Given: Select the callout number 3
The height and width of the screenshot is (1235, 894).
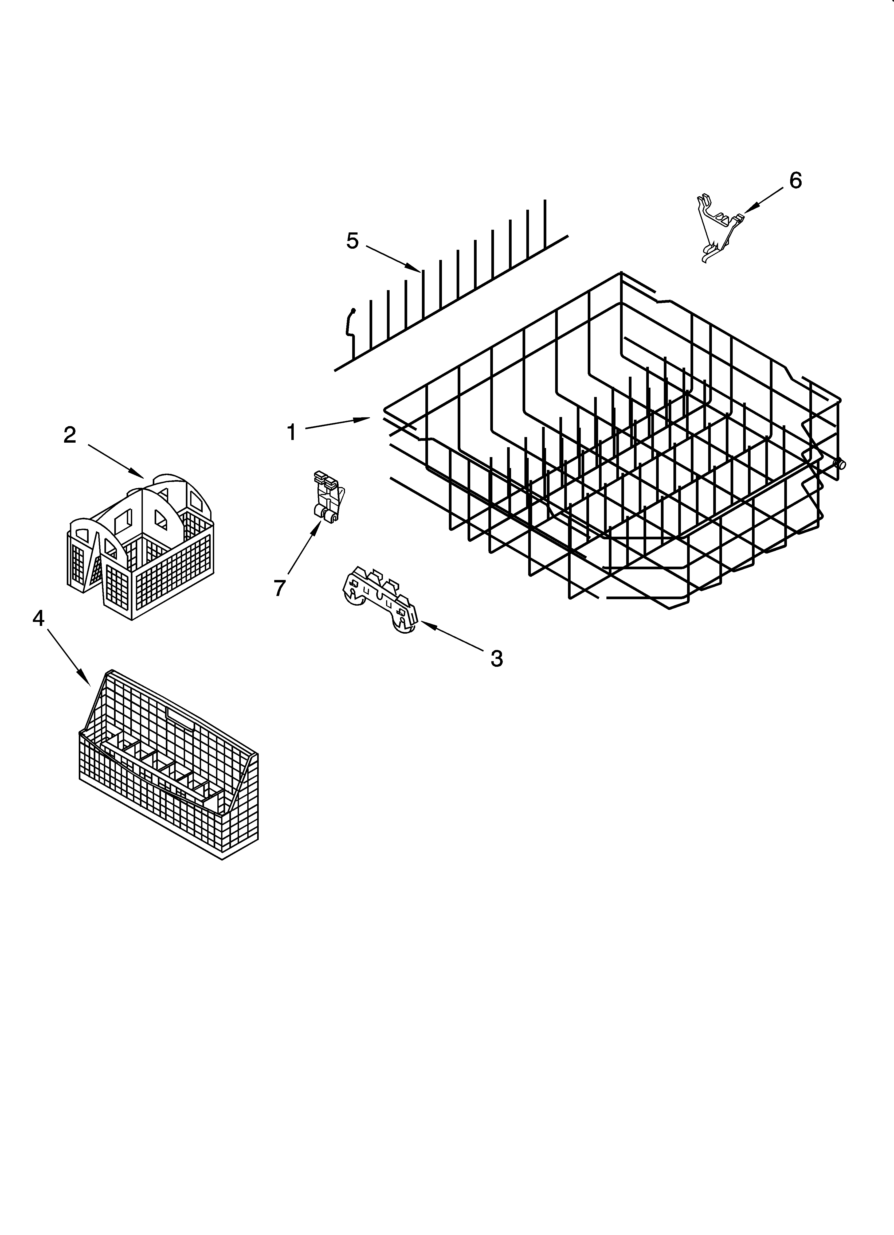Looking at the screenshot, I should pos(496,659).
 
